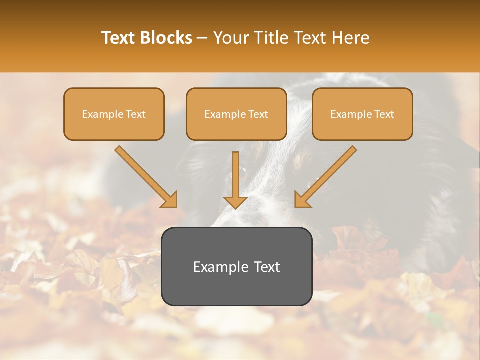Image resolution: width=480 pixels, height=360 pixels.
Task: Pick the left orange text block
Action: click(x=114, y=114)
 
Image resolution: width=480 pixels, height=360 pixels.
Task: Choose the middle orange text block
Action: click(x=236, y=114)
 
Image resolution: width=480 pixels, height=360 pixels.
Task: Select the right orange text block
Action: click(x=362, y=114)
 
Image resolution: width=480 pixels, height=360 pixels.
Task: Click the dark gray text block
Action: click(x=236, y=266)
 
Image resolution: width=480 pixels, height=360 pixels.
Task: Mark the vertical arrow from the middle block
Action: click(x=235, y=175)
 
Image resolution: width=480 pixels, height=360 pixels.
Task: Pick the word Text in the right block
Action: click(x=384, y=114)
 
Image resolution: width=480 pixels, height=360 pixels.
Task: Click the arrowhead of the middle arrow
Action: click(x=235, y=202)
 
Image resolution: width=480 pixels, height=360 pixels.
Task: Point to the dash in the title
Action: click(x=203, y=38)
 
